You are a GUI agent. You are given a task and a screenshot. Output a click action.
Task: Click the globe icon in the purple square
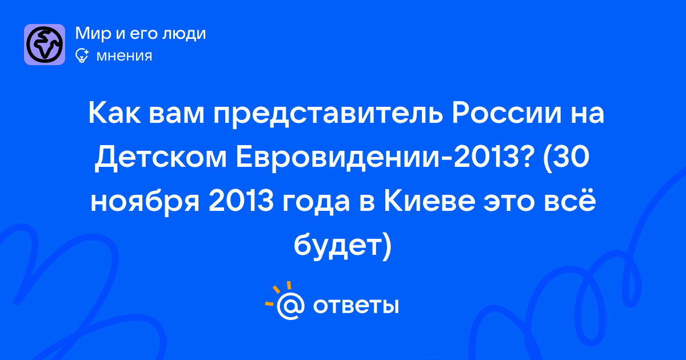45,45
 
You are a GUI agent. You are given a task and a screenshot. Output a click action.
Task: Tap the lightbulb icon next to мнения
82,55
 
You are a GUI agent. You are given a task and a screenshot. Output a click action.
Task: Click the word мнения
124,56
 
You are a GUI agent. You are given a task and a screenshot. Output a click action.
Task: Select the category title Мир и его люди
140,33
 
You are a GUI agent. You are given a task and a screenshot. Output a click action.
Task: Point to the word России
506,113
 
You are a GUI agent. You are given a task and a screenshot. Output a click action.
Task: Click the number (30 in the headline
566,158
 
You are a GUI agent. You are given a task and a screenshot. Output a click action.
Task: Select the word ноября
145,202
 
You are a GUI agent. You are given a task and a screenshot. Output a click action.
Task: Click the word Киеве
429,201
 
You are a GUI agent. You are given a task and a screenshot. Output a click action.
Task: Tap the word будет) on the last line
342,246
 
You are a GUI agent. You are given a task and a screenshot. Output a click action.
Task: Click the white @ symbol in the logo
290,306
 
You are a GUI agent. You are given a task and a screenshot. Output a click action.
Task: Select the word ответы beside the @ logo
356,306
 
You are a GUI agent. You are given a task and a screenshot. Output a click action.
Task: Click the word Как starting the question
114,113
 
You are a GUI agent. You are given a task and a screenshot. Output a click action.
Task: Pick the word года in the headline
316,202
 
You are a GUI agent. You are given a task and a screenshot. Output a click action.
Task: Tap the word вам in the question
177,115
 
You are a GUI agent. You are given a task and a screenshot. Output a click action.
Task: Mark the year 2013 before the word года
241,201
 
